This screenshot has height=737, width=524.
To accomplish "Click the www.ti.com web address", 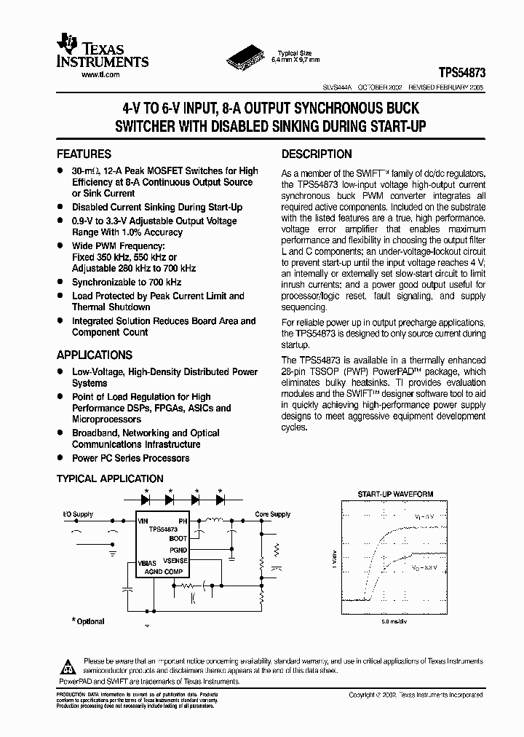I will tap(100, 75).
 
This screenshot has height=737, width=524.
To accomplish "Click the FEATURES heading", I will tap(84, 154).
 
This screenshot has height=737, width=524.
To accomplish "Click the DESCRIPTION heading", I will tap(317, 154).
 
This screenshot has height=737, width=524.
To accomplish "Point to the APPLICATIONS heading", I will tap(95, 355).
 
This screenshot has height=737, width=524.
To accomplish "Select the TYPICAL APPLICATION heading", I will tap(110, 478).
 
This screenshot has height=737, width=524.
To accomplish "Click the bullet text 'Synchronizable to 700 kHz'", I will tap(127, 282).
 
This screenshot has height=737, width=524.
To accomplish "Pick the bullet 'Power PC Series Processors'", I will tap(130, 458).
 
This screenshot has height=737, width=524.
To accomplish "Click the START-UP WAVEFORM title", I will tap(395, 494).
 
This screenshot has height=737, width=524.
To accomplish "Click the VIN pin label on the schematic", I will tap(143, 521).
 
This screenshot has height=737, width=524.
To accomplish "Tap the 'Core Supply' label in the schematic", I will tap(272, 514).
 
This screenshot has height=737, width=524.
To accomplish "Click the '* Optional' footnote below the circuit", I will tap(88, 621).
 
